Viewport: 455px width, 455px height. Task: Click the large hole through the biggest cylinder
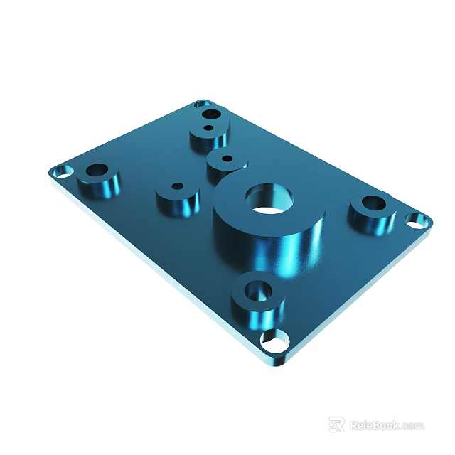pyautogui.click(x=269, y=199)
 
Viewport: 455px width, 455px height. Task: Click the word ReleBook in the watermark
pyautogui.click(x=375, y=425)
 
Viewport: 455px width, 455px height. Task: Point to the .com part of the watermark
pyautogui.click(x=413, y=426)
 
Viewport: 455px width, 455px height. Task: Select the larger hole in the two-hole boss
pyautogui.click(x=210, y=114)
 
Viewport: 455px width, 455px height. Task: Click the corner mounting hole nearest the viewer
pyautogui.click(x=274, y=342)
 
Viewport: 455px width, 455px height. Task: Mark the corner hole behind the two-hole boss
pyautogui.click(x=202, y=104)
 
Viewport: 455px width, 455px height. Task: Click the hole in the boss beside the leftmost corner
pyautogui.click(x=97, y=171)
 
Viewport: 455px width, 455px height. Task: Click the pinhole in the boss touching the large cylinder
pyautogui.click(x=227, y=158)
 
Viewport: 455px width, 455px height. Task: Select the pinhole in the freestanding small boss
pyautogui.click(x=177, y=186)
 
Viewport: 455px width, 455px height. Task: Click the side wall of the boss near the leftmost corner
pyautogui.click(x=100, y=188)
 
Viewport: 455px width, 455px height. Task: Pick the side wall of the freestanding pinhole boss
pyautogui.click(x=178, y=205)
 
